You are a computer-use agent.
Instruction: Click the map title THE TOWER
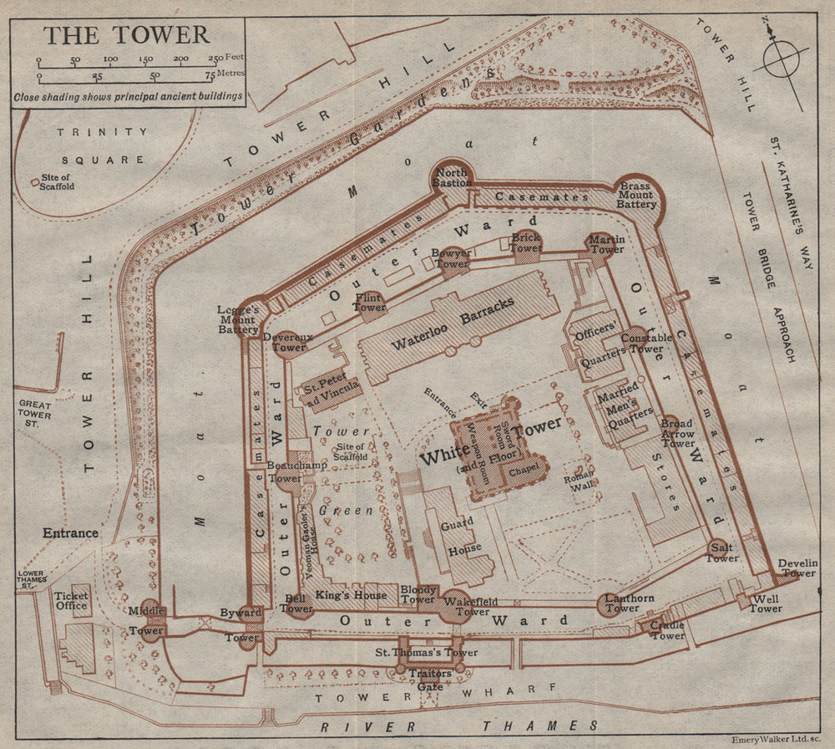pyautogui.click(x=127, y=35)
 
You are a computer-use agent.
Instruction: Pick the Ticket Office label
pyautogui.click(x=71, y=599)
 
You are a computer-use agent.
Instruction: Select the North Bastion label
pyautogui.click(x=452, y=177)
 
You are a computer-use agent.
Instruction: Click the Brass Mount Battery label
pyautogui.click(x=637, y=191)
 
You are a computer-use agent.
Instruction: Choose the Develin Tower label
pyautogui.click(x=797, y=568)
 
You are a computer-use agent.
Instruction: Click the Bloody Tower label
pyautogui.click(x=417, y=594)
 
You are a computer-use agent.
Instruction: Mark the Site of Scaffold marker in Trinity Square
pyautogui.click(x=33, y=181)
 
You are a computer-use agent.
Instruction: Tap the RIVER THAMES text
pyautogui.click(x=459, y=726)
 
